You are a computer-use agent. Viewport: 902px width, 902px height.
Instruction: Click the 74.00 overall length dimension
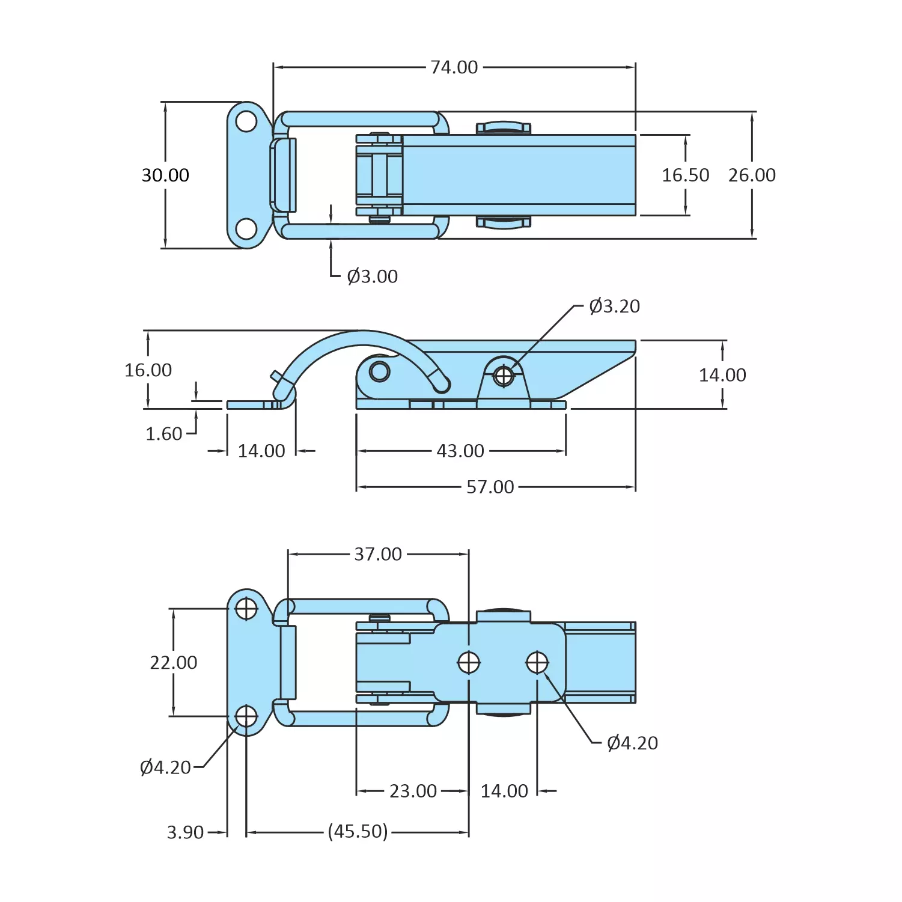click(454, 67)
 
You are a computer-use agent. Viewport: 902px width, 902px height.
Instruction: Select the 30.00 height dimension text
click(165, 175)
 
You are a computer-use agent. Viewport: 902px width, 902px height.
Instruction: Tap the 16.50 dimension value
click(685, 175)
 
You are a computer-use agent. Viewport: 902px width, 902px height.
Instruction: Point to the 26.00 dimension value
click(752, 175)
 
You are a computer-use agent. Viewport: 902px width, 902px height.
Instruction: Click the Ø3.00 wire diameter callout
click(372, 276)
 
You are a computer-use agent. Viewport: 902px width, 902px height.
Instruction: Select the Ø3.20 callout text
click(614, 306)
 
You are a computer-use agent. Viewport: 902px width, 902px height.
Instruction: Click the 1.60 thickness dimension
click(163, 433)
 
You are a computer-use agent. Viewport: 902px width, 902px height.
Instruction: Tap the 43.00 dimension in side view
click(460, 451)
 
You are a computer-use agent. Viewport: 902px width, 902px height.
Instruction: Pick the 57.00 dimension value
click(490, 487)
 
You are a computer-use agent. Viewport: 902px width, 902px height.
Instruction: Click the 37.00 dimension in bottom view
click(378, 553)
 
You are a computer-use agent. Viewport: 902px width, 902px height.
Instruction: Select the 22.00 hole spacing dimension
click(173, 662)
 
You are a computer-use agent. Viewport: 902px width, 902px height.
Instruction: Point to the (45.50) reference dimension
click(358, 832)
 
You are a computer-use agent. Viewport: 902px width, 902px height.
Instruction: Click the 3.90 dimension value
click(185, 832)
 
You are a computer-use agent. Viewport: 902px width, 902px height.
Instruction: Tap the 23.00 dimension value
click(413, 791)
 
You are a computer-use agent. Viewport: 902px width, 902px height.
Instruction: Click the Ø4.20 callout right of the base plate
click(632, 743)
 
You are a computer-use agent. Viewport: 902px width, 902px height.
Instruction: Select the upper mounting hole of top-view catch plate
click(246, 121)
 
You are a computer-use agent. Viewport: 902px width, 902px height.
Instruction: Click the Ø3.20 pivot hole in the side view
click(504, 376)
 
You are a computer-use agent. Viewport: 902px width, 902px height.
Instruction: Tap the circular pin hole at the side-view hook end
click(379, 371)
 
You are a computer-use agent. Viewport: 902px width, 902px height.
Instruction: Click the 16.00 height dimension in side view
click(148, 370)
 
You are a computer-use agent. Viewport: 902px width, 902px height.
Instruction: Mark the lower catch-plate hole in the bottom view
click(246, 716)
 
